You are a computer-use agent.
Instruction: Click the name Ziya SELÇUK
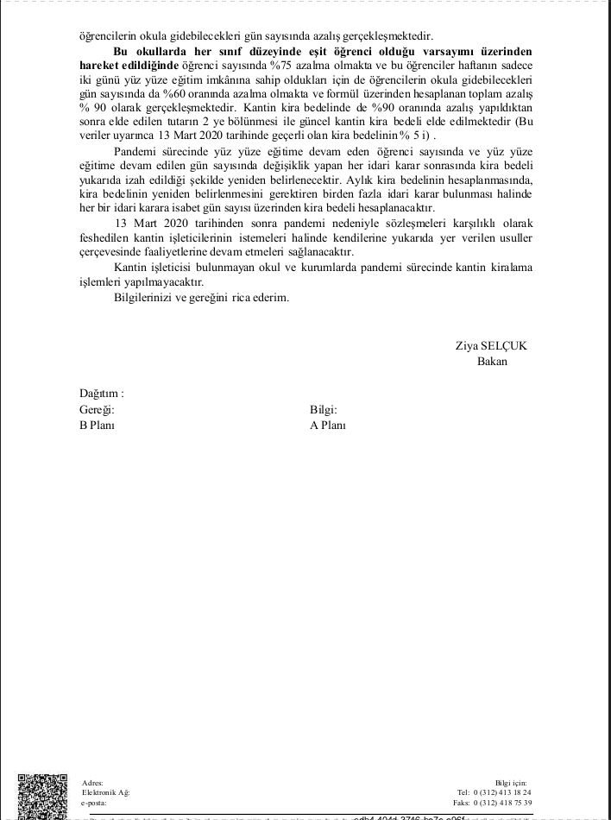pos(490,345)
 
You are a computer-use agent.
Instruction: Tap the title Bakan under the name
pos(492,361)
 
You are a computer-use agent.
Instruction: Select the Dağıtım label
pos(102,393)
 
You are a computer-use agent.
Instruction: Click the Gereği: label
pos(97,409)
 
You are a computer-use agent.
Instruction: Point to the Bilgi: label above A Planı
pos(323,409)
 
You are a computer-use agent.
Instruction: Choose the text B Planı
pos(98,425)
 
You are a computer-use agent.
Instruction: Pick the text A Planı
pos(328,425)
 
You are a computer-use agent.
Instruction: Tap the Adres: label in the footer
pos(91,782)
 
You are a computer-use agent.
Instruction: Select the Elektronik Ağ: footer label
pos(105,792)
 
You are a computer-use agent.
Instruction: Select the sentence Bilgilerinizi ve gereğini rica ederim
pos(201,298)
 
